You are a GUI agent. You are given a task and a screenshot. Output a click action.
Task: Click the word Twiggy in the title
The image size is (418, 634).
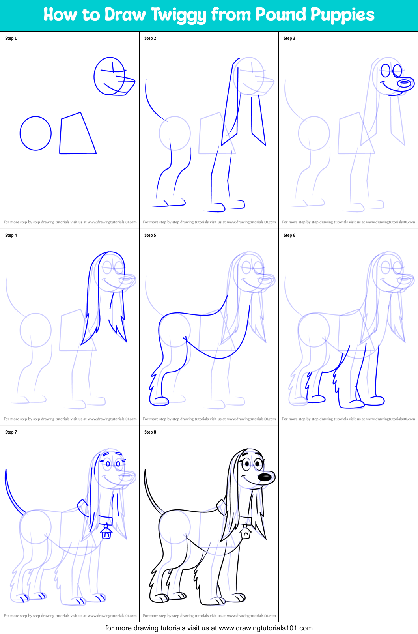[x=179, y=15]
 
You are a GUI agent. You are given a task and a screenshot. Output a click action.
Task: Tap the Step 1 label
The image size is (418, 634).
[x=11, y=38]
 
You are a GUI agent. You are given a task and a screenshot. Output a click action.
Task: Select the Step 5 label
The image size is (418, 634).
[x=150, y=235]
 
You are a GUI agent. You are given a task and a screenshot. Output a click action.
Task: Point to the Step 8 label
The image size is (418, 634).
[x=150, y=432]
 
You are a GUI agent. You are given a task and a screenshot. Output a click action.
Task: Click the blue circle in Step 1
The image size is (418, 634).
[x=35, y=133]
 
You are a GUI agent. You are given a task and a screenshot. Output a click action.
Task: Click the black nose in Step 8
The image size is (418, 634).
[x=266, y=477]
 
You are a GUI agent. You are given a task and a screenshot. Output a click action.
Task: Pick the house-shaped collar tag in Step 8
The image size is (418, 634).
[x=246, y=533]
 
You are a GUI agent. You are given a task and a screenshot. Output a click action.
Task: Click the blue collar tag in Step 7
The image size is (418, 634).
[x=106, y=533]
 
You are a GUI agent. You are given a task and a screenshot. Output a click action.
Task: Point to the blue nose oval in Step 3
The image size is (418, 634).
[x=405, y=83]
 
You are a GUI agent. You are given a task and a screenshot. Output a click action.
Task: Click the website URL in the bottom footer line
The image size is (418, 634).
[x=265, y=628]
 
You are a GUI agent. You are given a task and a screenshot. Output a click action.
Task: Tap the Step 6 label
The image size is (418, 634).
[x=289, y=235]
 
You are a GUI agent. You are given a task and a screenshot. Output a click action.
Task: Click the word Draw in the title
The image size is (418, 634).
[x=125, y=15]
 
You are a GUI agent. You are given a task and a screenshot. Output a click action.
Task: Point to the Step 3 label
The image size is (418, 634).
[x=289, y=38]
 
